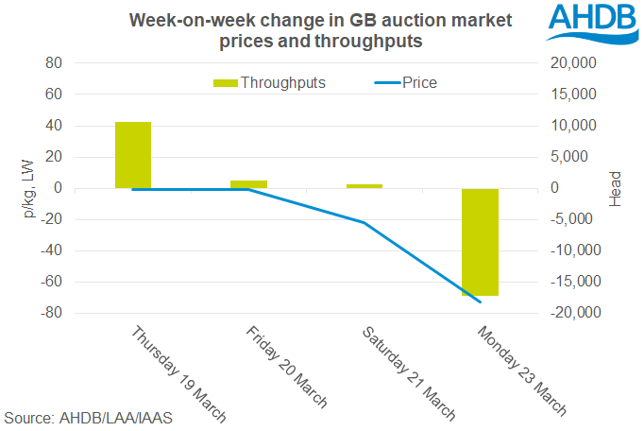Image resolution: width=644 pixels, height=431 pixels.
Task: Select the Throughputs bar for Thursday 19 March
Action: click(133, 155)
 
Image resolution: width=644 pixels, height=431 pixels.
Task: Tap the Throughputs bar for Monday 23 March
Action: click(480, 242)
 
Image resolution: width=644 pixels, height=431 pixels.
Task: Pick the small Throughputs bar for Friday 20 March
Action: click(248, 184)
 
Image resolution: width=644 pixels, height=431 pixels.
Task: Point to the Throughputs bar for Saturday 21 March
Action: click(364, 186)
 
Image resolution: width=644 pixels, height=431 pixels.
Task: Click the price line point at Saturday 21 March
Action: click(364, 223)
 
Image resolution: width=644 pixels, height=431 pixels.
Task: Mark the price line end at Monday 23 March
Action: click(481, 302)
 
